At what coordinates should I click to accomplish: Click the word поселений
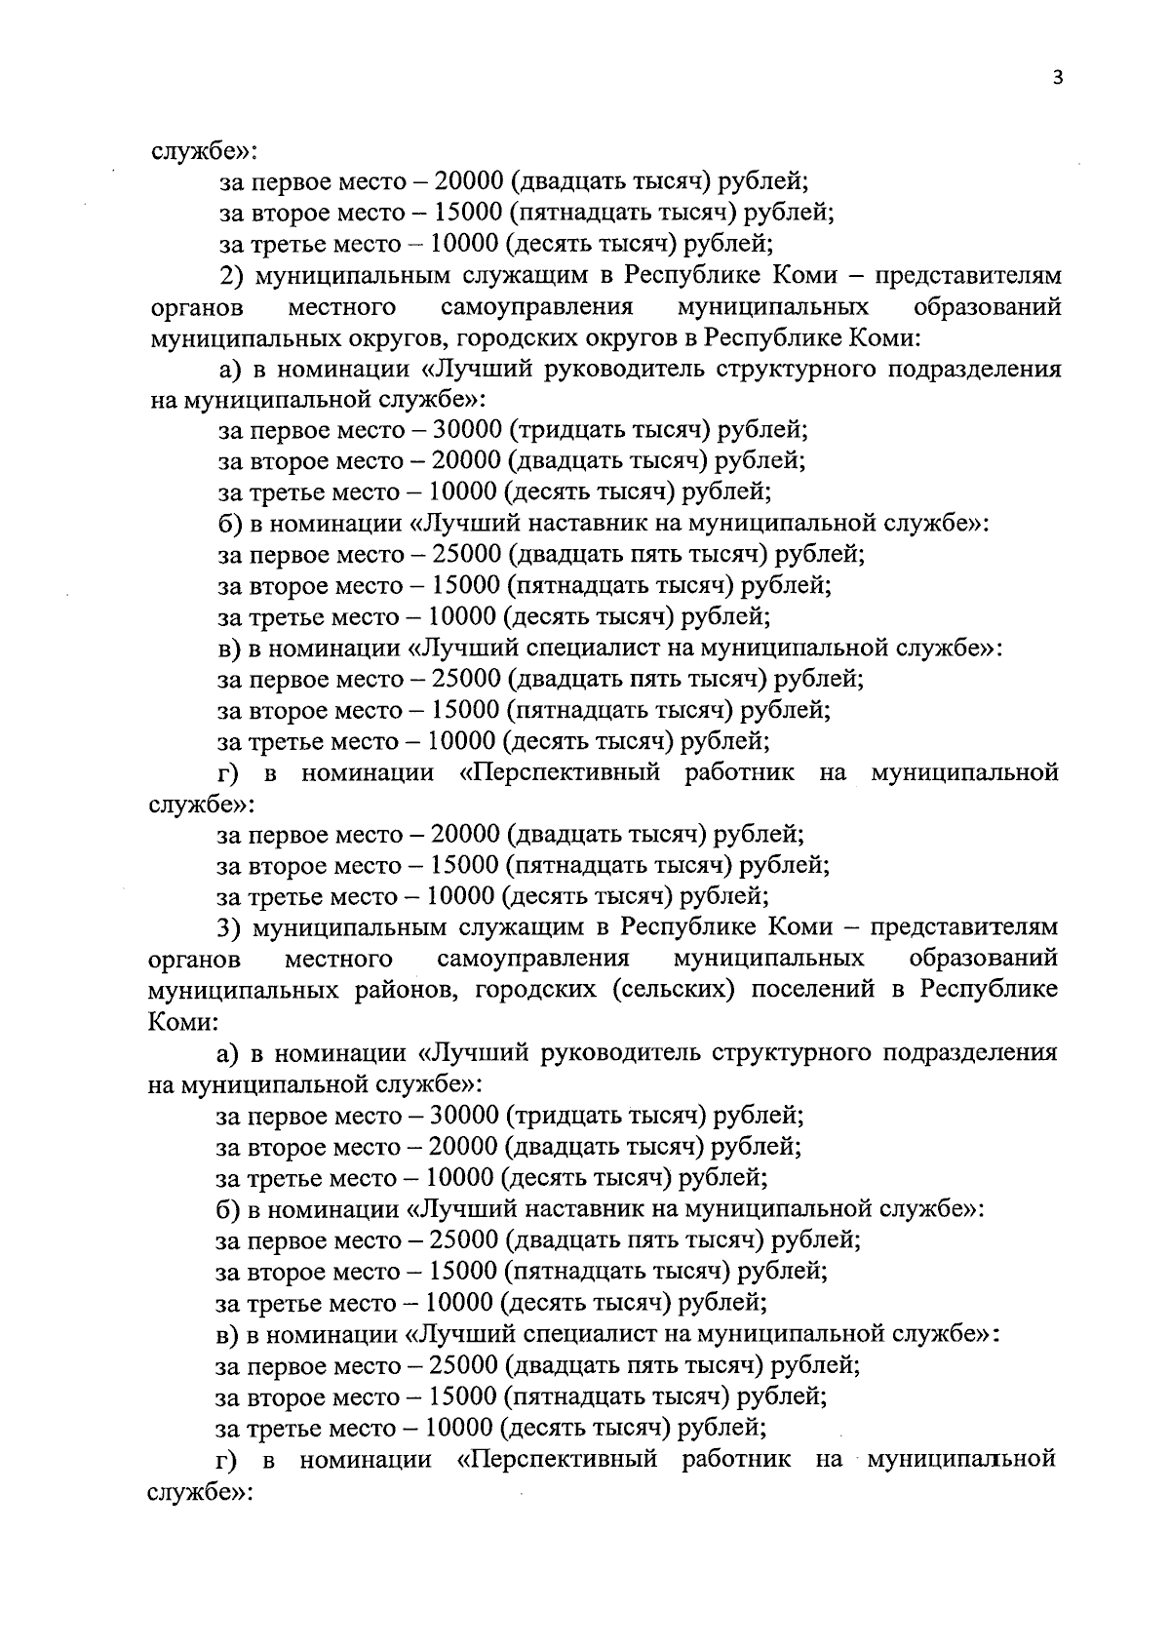(804, 989)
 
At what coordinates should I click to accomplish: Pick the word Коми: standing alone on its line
(181, 1021)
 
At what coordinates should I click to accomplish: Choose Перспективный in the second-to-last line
(556, 1460)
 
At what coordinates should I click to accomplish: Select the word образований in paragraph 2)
(987, 308)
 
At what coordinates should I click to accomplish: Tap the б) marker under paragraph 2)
(229, 524)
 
